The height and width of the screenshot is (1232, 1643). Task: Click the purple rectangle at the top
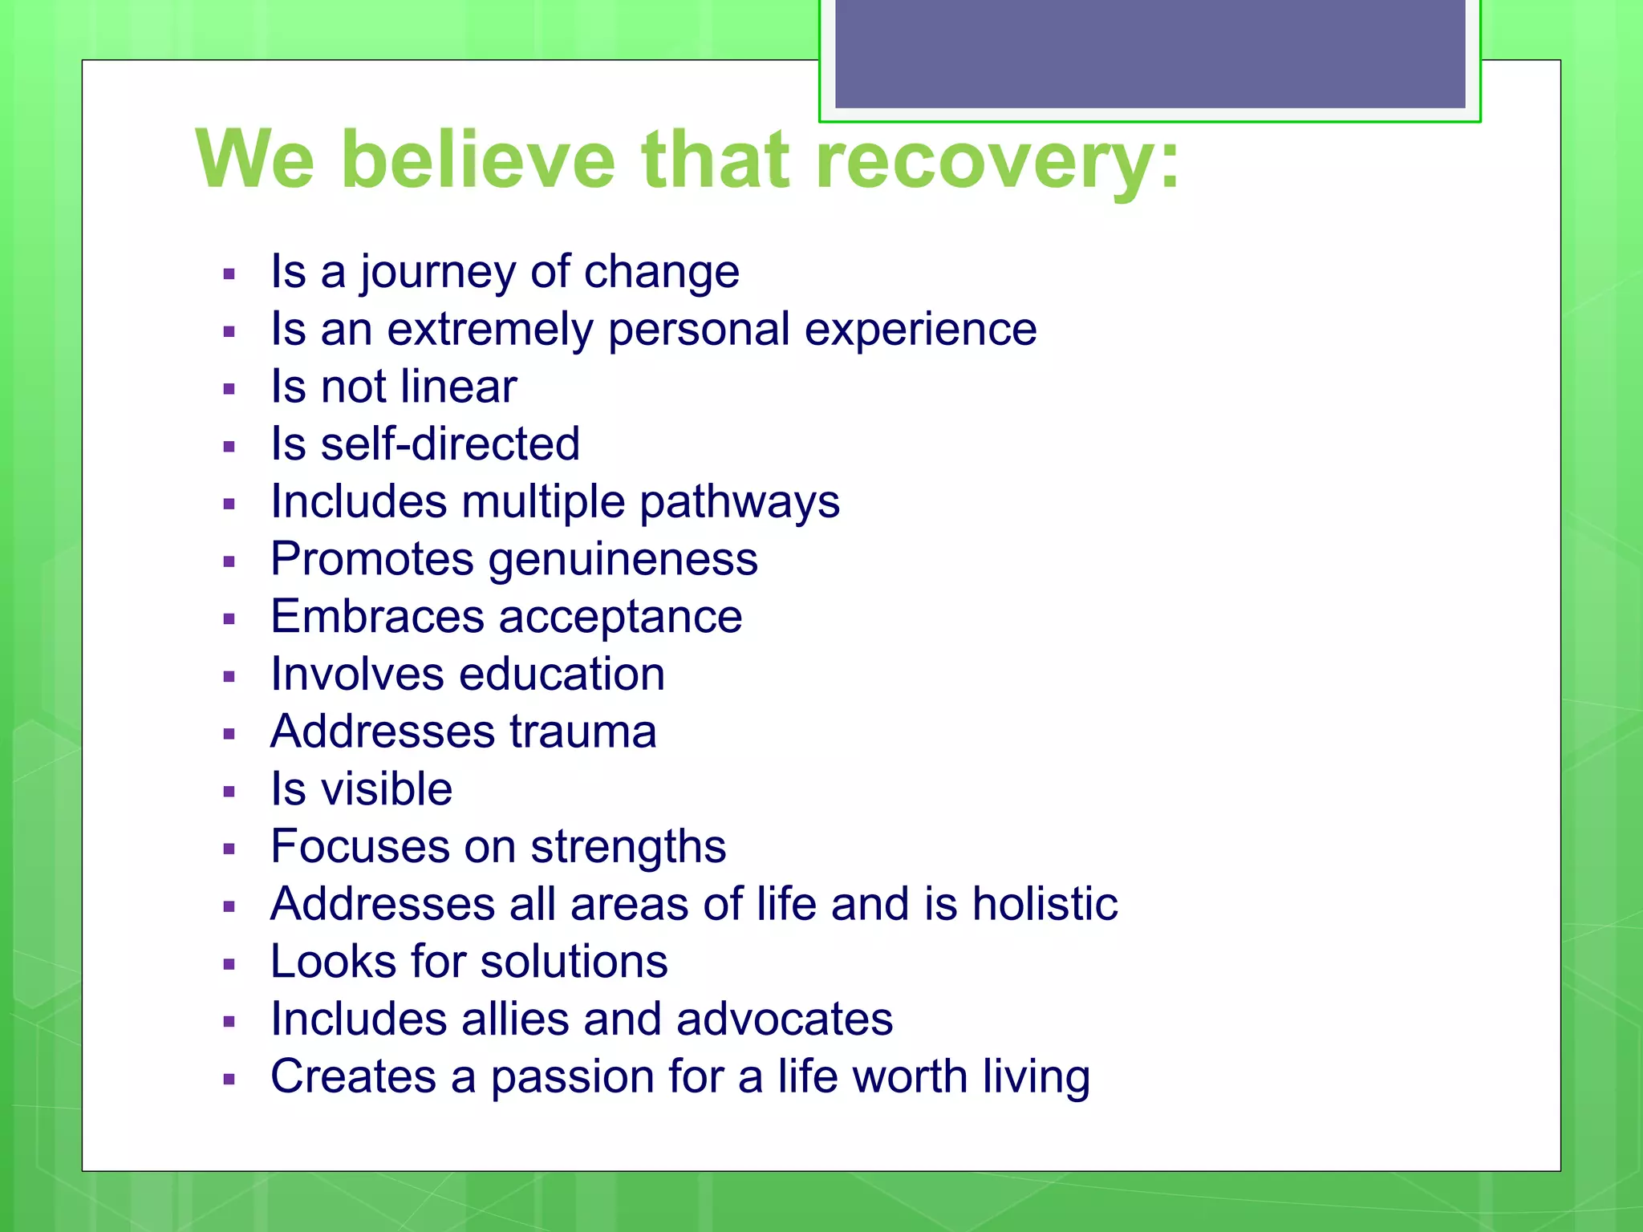1150,53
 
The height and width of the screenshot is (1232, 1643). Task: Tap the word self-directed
450,444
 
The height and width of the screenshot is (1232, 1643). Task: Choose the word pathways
739,503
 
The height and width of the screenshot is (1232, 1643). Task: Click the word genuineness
623,560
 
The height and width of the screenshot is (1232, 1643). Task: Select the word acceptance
620,617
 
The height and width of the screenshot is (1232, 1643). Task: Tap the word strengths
628,847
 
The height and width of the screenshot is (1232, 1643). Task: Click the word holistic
1045,904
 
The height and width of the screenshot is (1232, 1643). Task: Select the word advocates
784,1019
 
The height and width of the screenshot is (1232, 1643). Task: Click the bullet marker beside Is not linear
229,390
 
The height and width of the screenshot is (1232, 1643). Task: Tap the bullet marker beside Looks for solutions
229,964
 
